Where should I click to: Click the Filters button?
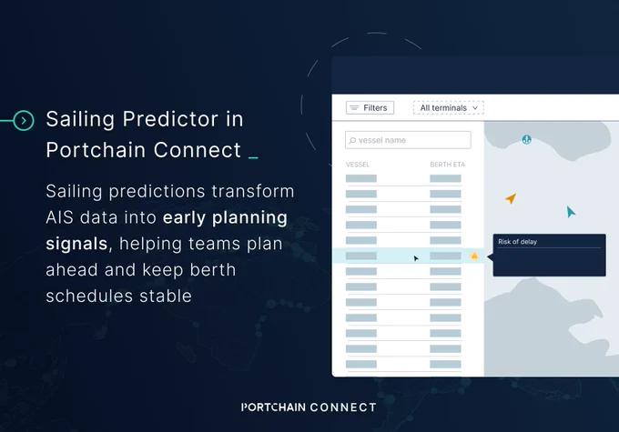click(370, 107)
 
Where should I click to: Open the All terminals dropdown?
click(449, 107)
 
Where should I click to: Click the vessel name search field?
click(408, 140)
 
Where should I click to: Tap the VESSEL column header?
click(358, 165)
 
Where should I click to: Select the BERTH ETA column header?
click(447, 165)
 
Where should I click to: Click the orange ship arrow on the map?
click(511, 198)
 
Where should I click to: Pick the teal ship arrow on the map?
click(571, 212)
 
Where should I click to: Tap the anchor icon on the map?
click(527, 139)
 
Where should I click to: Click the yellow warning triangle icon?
click(474, 256)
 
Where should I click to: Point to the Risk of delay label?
click(517, 242)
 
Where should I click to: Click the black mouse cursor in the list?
click(416, 258)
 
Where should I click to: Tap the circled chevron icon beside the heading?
click(24, 120)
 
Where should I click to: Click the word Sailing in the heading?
click(80, 119)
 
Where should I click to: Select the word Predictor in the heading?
click(170, 119)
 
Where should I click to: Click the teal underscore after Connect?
click(253, 158)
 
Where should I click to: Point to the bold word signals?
click(76, 244)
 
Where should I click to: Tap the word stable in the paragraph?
click(166, 296)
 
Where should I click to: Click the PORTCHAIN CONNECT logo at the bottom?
click(309, 407)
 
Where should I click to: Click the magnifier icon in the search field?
click(352, 140)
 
